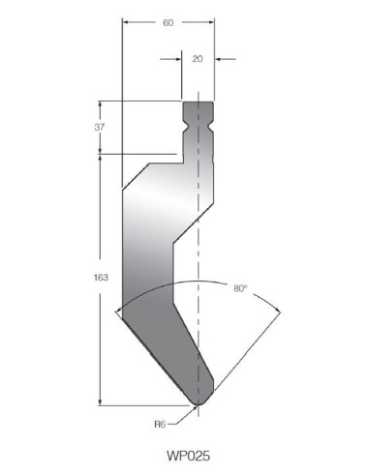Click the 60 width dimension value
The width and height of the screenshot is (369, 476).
[x=169, y=22]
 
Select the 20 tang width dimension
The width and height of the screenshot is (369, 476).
[x=198, y=59]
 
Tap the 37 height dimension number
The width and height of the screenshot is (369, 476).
[x=100, y=127]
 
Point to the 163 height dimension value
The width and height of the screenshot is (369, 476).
[x=101, y=278]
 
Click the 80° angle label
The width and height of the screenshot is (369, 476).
[x=240, y=288]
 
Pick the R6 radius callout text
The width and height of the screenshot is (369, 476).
[x=160, y=424]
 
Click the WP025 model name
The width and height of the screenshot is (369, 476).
[x=188, y=456]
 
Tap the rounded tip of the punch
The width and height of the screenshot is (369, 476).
[x=199, y=402]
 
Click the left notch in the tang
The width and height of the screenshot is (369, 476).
[x=185, y=126]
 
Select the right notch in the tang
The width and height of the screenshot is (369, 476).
[x=211, y=126]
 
